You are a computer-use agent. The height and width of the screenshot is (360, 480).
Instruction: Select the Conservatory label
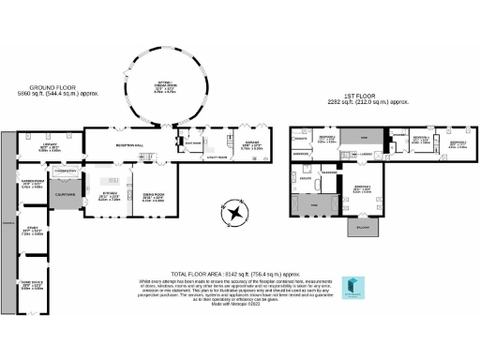(66, 171)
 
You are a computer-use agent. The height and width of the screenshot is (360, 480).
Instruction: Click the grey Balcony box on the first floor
(360, 226)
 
